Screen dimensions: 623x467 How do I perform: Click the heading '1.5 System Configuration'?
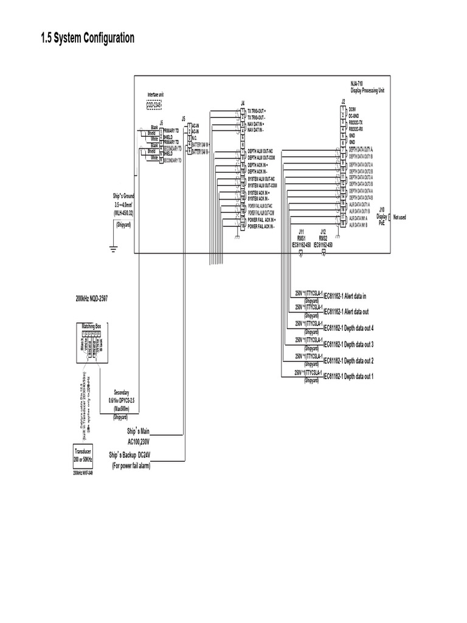(x=87, y=39)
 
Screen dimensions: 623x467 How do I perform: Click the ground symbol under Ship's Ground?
(x=113, y=248)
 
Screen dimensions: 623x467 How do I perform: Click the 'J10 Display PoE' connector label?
(x=381, y=216)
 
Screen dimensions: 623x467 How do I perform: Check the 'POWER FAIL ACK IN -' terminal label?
(x=261, y=226)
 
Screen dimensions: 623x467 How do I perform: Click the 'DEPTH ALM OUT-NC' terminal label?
(x=260, y=151)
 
